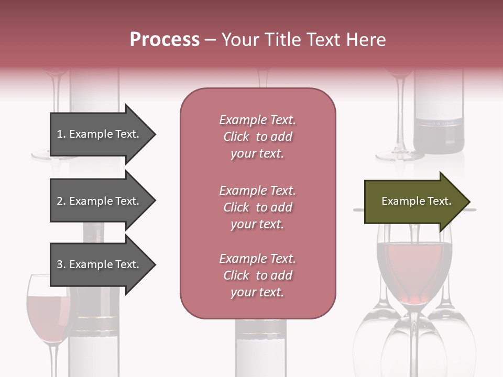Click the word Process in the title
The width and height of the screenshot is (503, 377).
[x=165, y=40]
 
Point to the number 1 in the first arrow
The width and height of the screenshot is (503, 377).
[x=60, y=134]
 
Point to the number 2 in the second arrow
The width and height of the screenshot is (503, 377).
[x=60, y=201]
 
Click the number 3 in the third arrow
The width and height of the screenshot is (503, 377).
[x=60, y=264]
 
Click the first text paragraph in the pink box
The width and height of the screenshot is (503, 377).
[x=257, y=137]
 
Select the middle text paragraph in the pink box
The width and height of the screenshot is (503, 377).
[x=257, y=207]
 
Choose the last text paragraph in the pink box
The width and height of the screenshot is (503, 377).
[x=257, y=275]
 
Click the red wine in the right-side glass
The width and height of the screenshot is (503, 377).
[x=414, y=267]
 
